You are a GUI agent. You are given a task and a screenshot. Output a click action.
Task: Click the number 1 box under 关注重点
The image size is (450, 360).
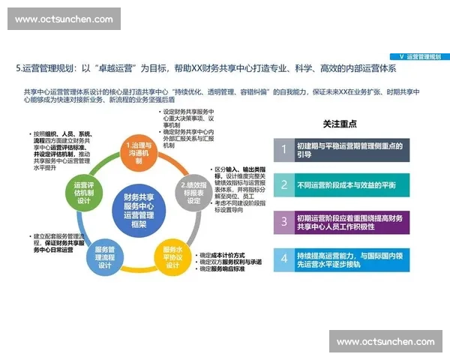pyautogui.click(x=283, y=149)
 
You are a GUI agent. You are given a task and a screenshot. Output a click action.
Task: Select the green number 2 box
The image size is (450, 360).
pyautogui.click(x=283, y=184)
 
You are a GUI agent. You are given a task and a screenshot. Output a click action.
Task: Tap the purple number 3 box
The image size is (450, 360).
pyautogui.click(x=283, y=221)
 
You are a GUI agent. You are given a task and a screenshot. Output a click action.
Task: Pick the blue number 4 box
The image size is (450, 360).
pyautogui.click(x=283, y=259)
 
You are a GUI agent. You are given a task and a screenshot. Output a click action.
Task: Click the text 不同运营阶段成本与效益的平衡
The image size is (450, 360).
pyautogui.click(x=346, y=184)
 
